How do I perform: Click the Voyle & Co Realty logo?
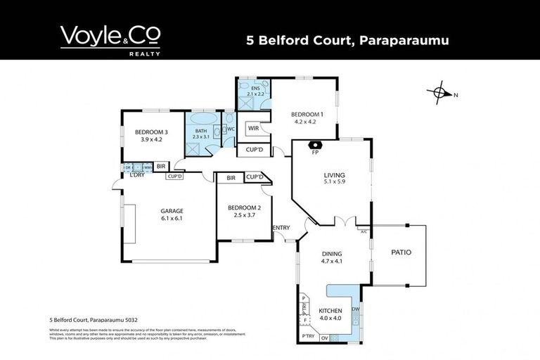tap(110, 40)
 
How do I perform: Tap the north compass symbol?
tap(442, 94)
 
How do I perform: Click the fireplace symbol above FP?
tap(315, 145)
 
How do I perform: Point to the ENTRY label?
tap(281, 227)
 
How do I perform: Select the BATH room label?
tap(201, 130)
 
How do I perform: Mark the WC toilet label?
tap(231, 129)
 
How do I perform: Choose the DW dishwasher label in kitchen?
tap(356, 309)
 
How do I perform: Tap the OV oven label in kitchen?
tap(324, 337)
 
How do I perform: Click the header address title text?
tap(347, 40)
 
